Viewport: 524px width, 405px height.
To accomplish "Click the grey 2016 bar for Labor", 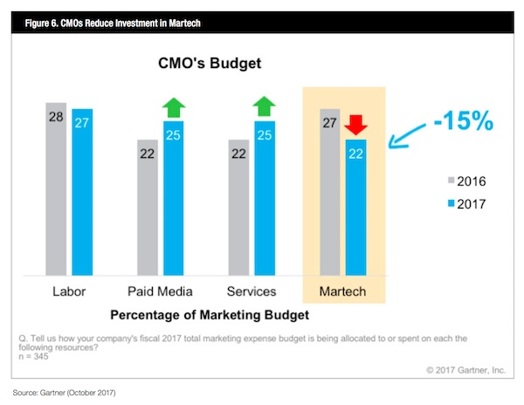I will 57,188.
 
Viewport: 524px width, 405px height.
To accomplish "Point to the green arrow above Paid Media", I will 174,107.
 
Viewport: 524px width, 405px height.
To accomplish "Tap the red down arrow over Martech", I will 355,125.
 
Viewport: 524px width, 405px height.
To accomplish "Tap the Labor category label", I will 70,292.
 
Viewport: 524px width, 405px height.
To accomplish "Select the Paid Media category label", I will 161,292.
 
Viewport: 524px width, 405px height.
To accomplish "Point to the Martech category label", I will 343,292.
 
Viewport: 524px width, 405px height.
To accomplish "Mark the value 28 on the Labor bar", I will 57,114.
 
